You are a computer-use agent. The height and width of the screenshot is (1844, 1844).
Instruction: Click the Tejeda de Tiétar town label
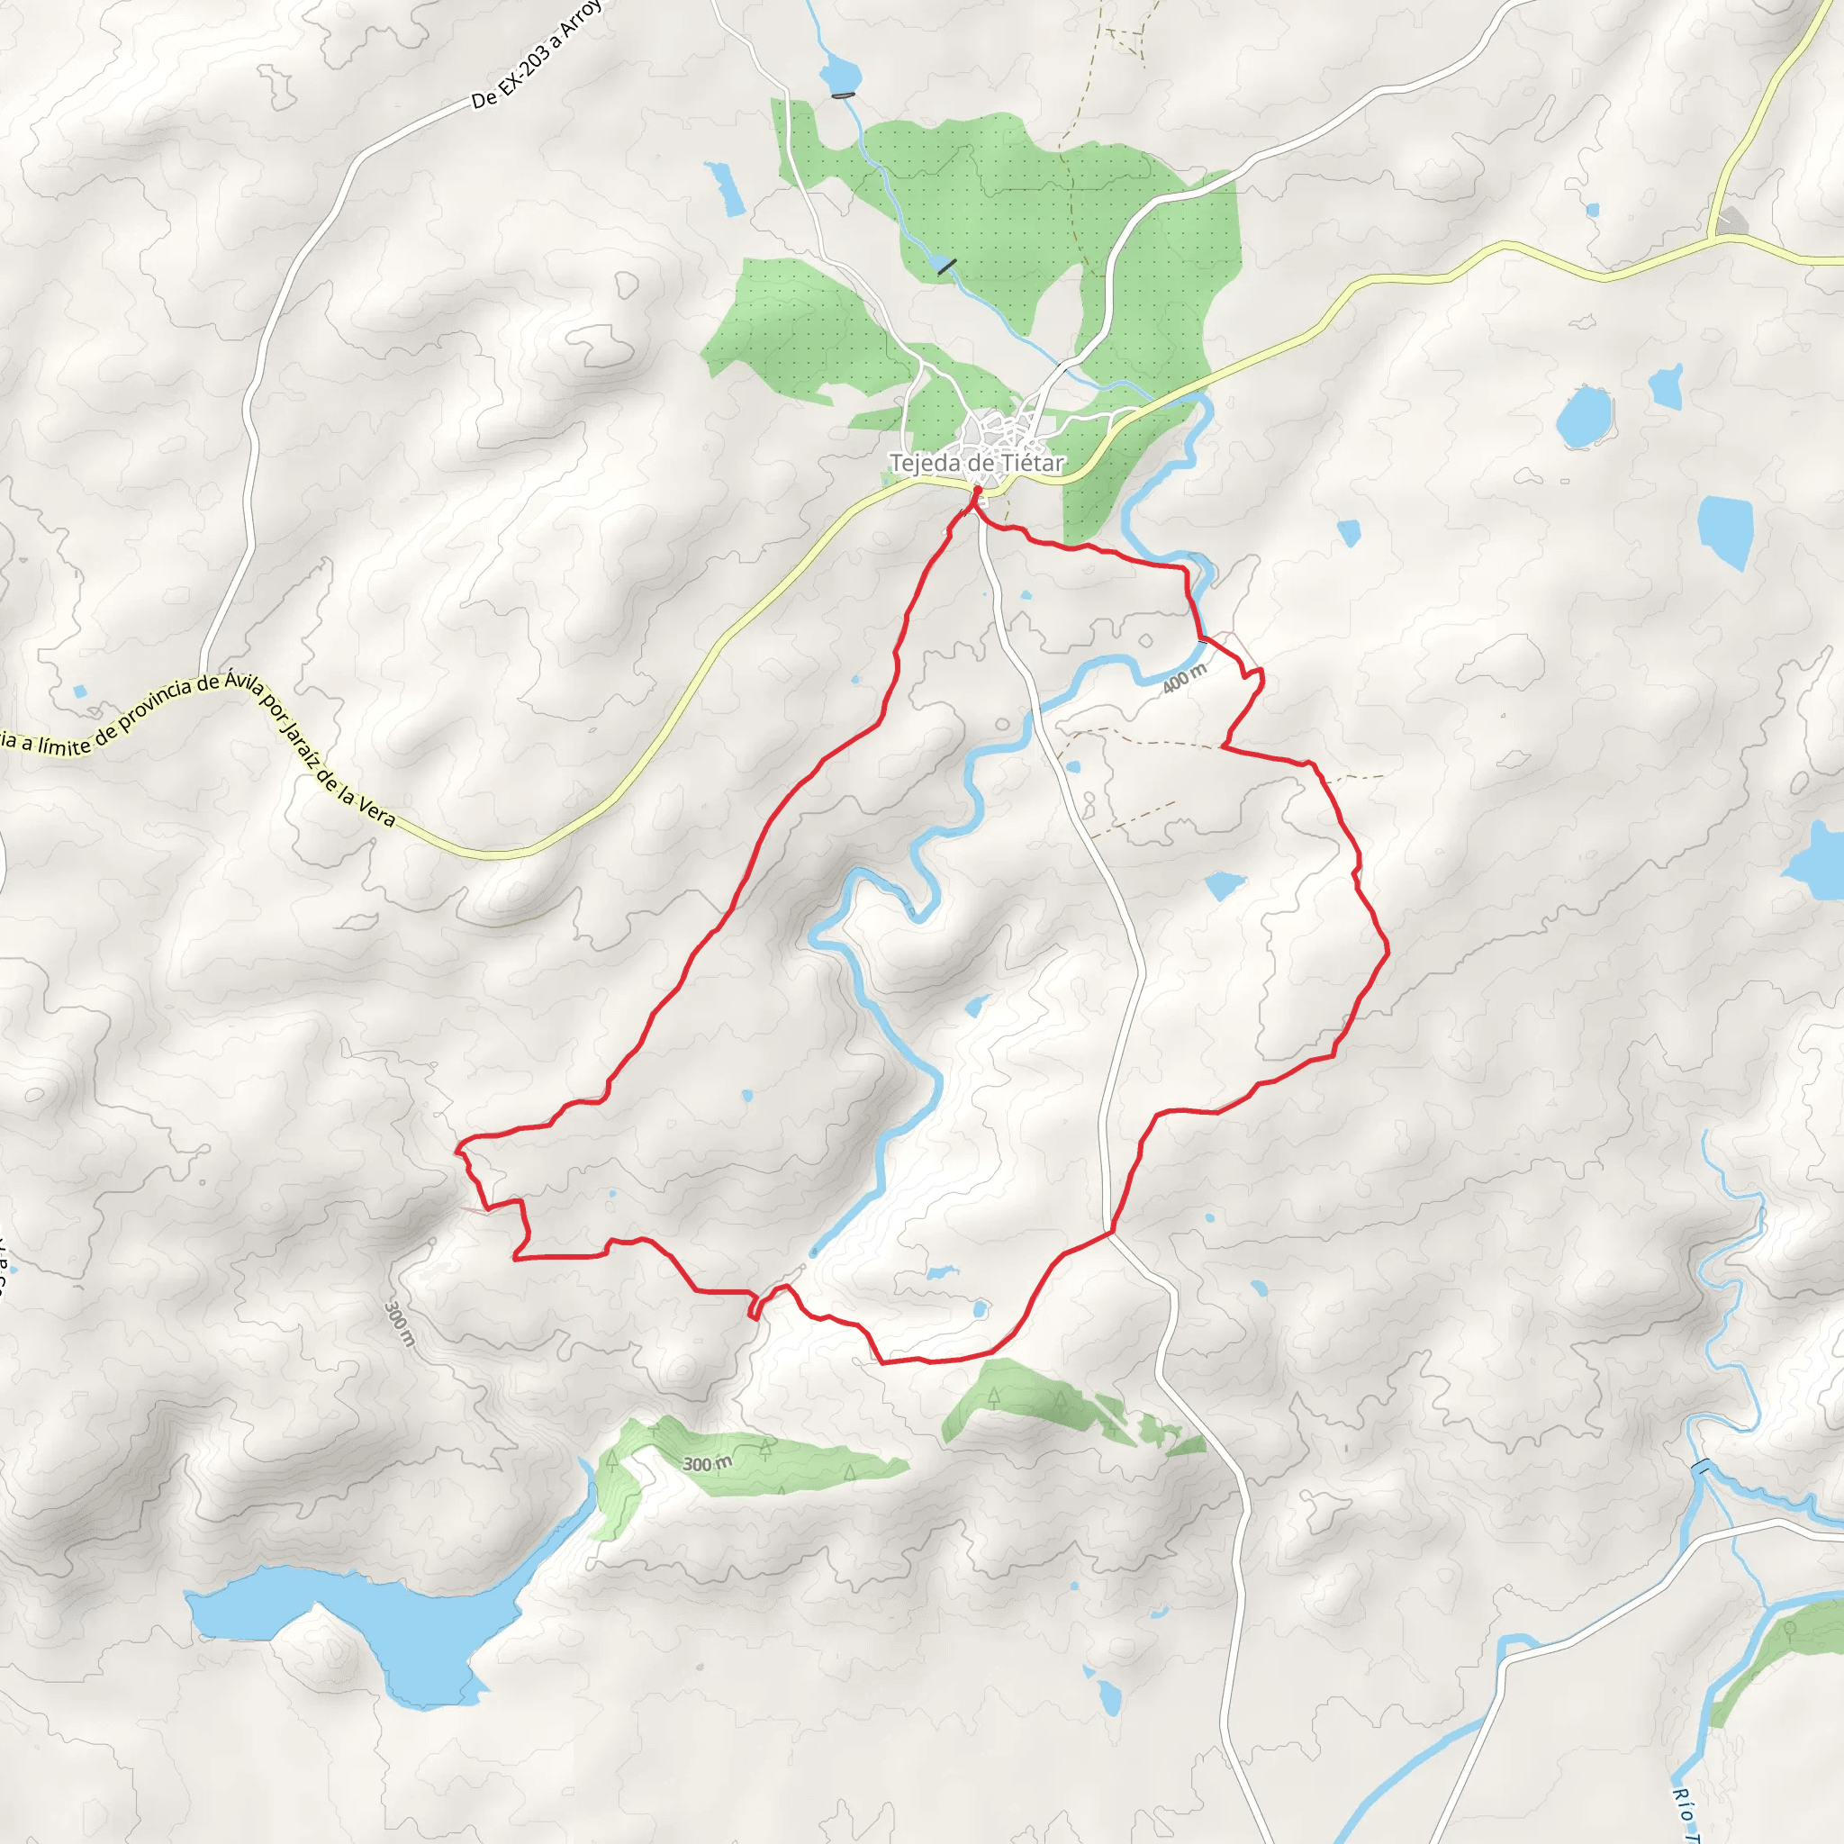point(975,464)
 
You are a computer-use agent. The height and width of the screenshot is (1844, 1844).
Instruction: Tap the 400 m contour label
point(1185,679)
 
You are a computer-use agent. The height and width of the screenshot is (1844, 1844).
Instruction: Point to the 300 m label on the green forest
point(707,1464)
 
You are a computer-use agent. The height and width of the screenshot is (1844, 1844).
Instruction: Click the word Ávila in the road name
point(243,682)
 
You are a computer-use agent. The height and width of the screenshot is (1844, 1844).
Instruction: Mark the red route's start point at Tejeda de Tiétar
point(976,491)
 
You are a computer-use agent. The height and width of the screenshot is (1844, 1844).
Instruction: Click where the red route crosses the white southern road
point(1110,1234)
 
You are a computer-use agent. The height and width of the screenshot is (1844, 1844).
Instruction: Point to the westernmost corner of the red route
point(457,1148)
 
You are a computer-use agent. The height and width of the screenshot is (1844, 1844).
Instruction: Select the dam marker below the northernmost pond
point(843,95)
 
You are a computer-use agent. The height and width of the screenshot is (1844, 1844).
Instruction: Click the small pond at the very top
point(840,73)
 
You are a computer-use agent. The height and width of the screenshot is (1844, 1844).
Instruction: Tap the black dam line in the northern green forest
point(947,267)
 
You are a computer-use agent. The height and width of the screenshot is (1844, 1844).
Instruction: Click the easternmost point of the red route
point(1388,950)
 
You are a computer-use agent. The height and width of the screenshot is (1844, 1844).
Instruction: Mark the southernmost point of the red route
point(883,1363)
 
